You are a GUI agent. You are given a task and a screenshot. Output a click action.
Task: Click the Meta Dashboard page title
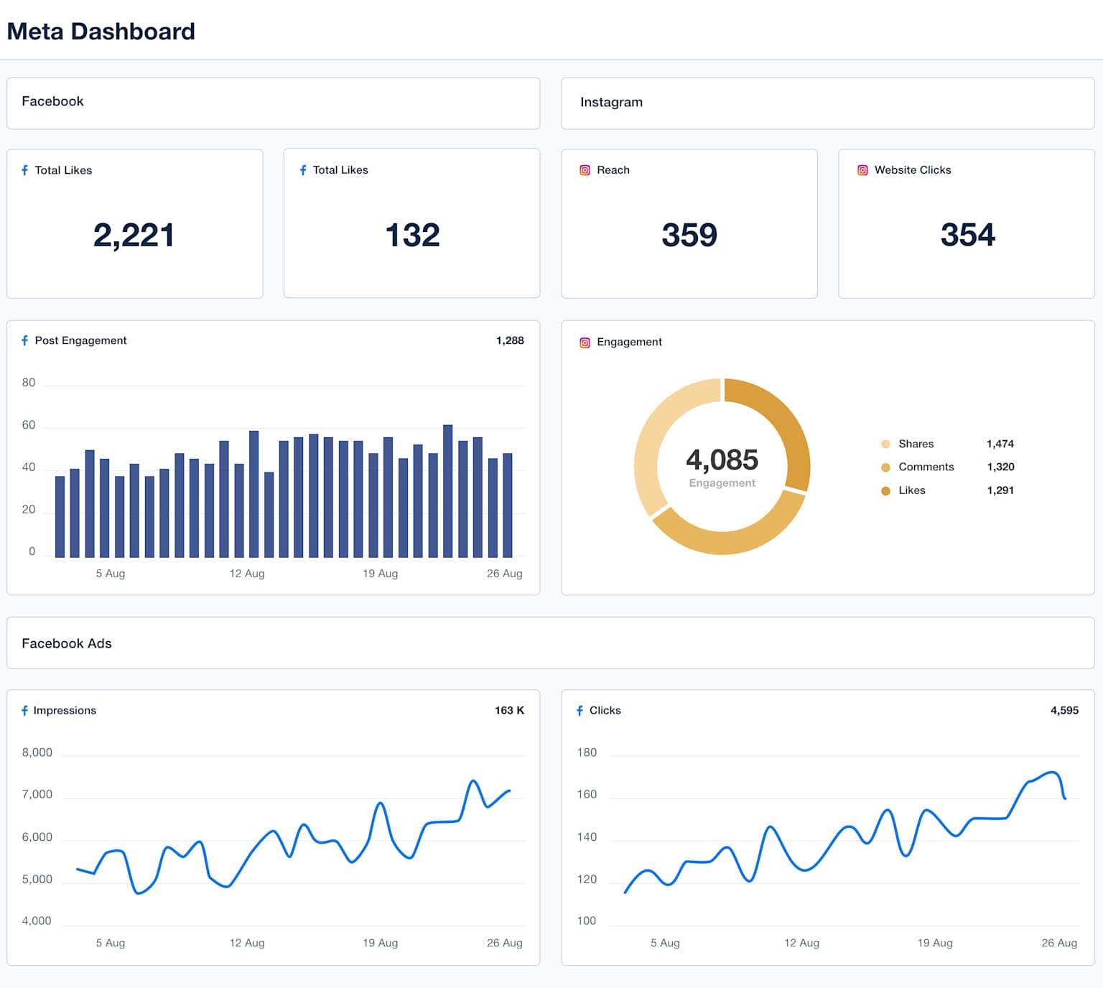[101, 32]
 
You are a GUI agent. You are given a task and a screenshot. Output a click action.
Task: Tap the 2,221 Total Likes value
[134, 236]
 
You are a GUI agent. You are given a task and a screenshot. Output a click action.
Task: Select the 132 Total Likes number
[412, 236]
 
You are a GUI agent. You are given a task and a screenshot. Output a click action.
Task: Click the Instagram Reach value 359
[689, 236]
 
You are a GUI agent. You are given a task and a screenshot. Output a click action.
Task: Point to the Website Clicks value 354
[967, 235]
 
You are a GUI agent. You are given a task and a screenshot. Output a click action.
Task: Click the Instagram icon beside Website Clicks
[862, 170]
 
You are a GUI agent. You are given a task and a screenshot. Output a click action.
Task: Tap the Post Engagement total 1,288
[510, 340]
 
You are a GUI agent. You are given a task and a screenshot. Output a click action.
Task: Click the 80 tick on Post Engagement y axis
[29, 383]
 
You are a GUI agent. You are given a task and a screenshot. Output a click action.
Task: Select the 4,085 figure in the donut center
[722, 460]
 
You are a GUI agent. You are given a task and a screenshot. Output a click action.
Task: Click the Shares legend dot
[885, 444]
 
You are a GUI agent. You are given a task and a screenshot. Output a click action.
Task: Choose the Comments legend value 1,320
[1000, 467]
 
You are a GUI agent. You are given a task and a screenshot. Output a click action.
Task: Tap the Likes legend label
[912, 490]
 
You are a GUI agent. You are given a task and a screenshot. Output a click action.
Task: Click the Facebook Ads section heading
[67, 643]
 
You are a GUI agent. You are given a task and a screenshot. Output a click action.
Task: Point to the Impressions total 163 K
[509, 710]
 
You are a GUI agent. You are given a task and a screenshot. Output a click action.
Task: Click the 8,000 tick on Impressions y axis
[37, 752]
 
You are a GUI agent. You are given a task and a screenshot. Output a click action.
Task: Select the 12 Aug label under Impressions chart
[247, 943]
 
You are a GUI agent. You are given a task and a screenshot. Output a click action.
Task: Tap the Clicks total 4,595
[1064, 710]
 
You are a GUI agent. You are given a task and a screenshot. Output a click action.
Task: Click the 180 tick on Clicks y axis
[587, 752]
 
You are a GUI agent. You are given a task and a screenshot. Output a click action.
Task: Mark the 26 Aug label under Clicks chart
[1059, 943]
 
